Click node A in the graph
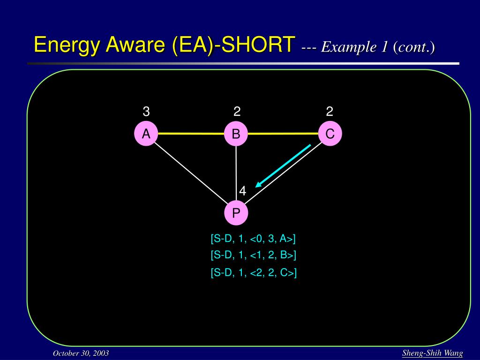click(x=146, y=134)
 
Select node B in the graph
click(x=236, y=134)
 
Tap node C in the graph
click(x=330, y=134)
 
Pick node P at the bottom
click(x=236, y=213)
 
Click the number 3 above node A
click(x=146, y=112)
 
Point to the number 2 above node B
click(x=237, y=112)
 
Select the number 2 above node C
click(x=330, y=112)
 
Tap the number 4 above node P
click(x=243, y=191)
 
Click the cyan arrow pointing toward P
click(x=283, y=165)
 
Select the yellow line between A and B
click(x=191, y=134)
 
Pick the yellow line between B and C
click(x=283, y=134)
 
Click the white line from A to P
click(x=191, y=173)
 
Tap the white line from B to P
click(x=236, y=173)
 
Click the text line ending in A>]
click(x=253, y=239)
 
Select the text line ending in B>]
click(x=254, y=255)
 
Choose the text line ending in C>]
click(x=254, y=272)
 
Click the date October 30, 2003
click(x=81, y=353)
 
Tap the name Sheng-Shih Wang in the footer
click(x=433, y=353)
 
